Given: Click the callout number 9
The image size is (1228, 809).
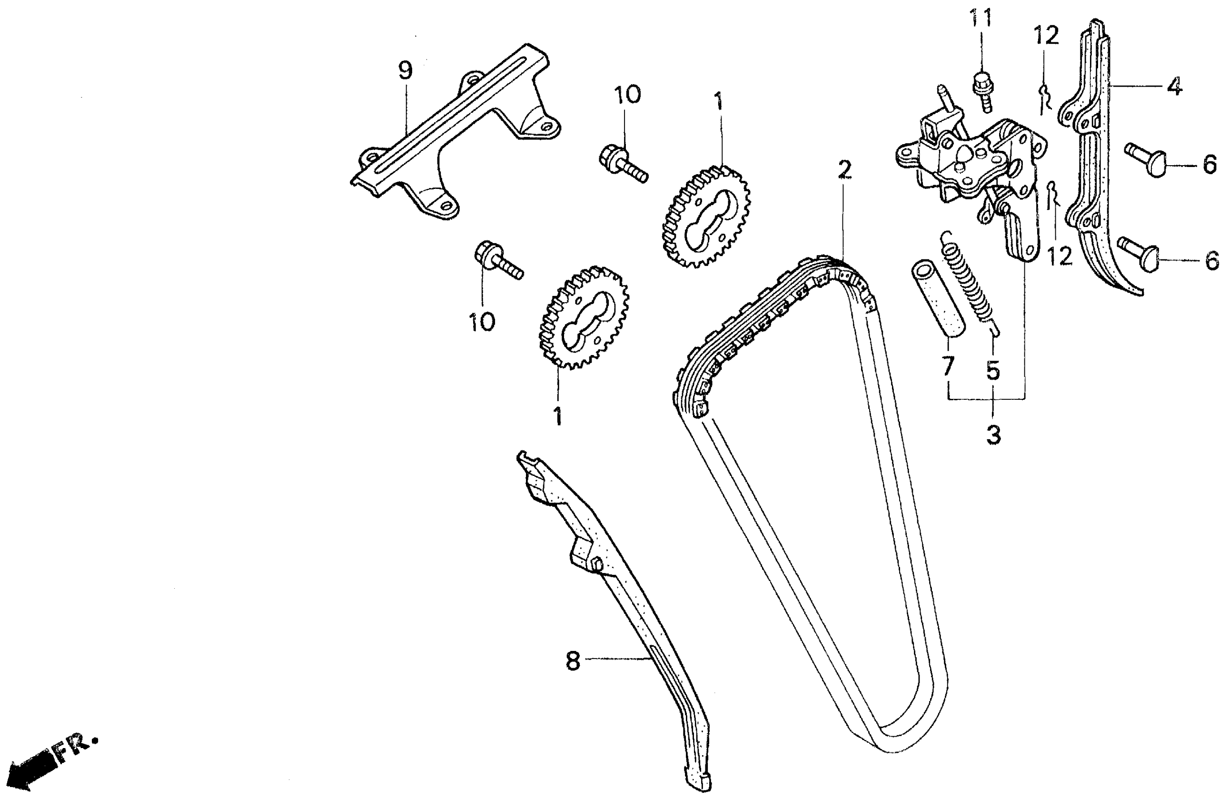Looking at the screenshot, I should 406,71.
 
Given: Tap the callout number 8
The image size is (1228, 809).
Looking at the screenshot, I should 573,661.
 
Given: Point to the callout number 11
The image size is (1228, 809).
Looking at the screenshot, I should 980,19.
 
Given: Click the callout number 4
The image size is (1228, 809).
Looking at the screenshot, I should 1174,87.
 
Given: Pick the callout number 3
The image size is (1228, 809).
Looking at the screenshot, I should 993,434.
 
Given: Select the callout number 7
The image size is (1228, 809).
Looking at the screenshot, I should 947,365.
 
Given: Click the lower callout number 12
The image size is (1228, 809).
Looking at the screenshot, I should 1060,256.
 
